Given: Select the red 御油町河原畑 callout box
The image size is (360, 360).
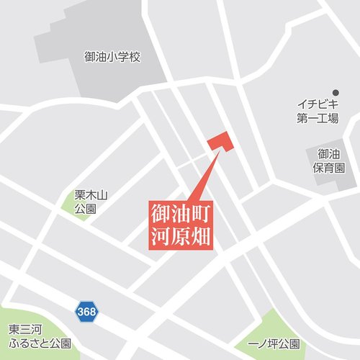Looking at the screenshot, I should pos(182,224).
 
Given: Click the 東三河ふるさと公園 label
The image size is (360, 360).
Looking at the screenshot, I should pos(40,336).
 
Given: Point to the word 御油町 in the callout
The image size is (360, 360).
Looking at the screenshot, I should pos(182,213).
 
